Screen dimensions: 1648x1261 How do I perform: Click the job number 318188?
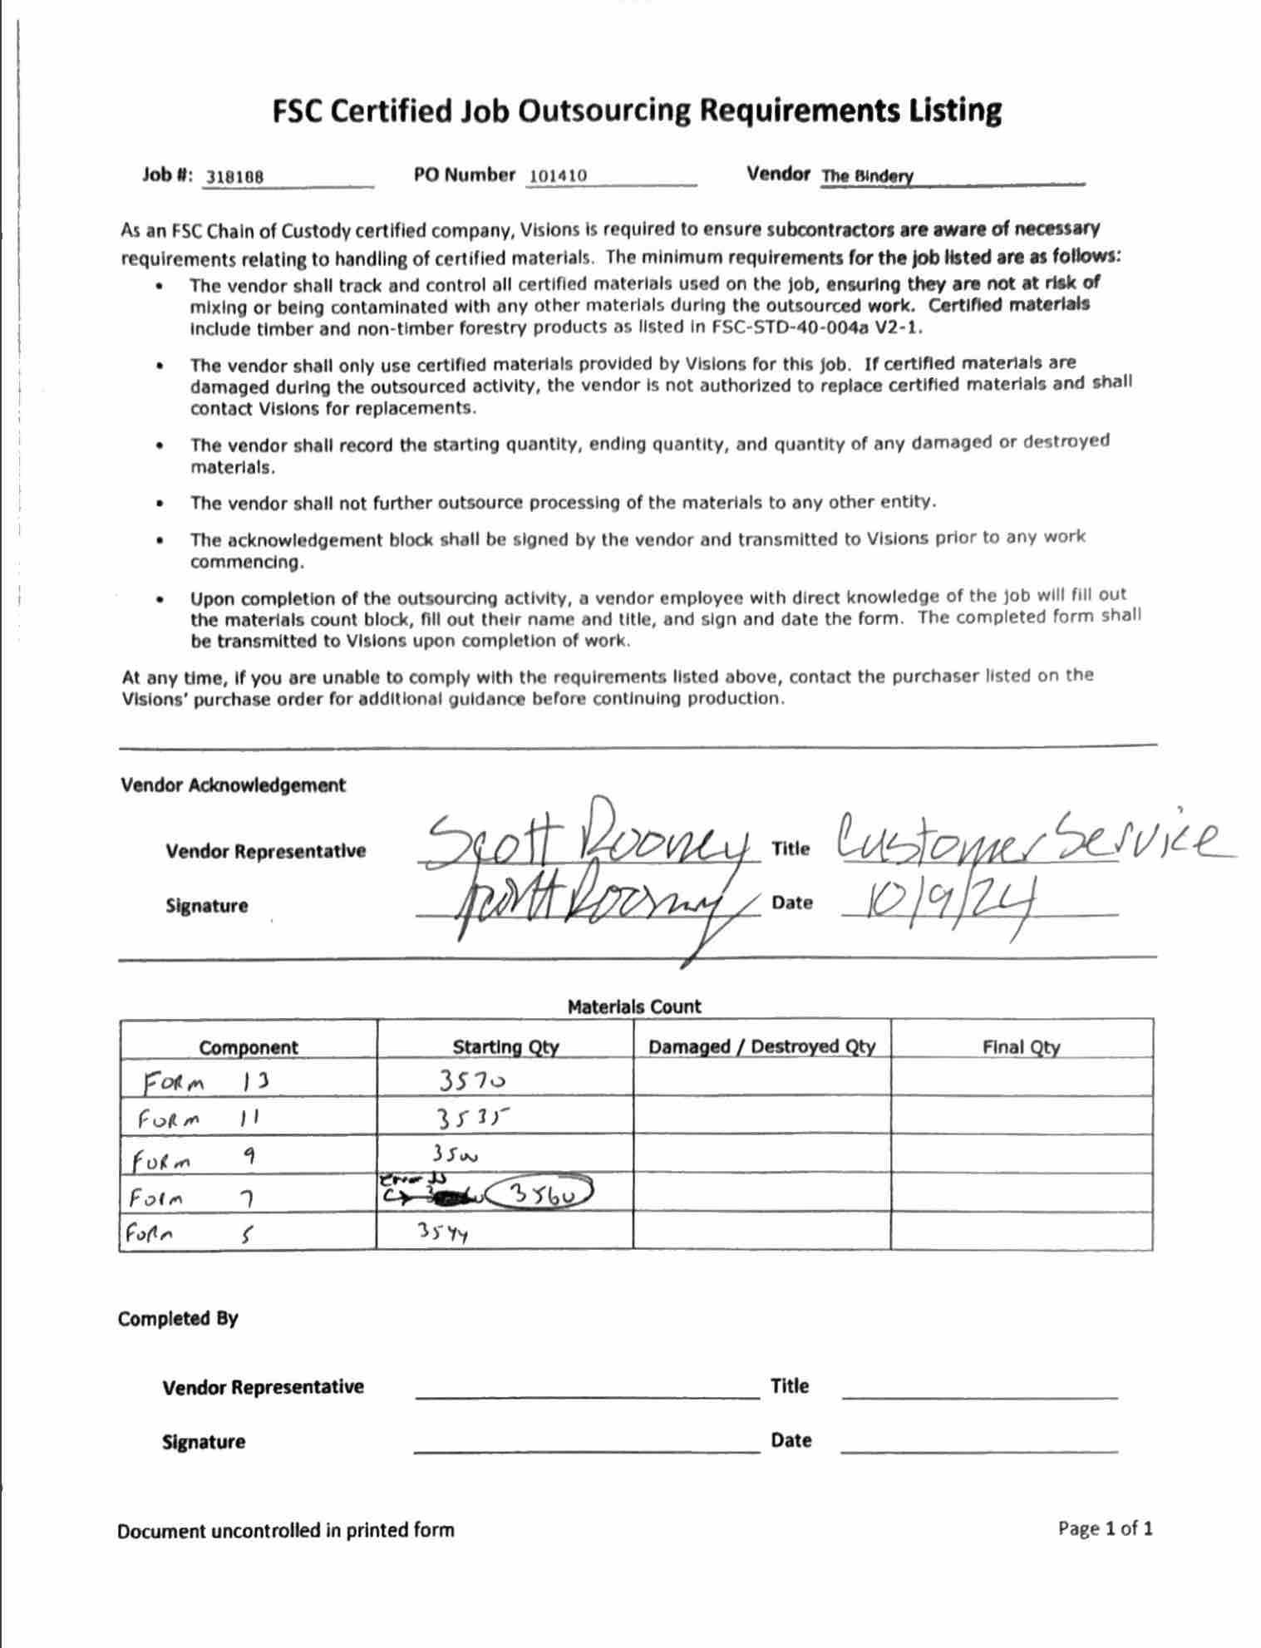[x=235, y=177]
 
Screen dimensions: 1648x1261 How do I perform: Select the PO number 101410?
[x=558, y=176]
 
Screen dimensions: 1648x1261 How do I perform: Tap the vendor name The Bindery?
[x=867, y=176]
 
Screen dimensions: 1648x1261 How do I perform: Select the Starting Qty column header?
[x=505, y=1046]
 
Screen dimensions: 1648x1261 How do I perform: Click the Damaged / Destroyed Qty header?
[x=761, y=1046]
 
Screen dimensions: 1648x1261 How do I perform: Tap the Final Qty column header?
[x=1021, y=1046]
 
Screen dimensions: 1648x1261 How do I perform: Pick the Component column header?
[x=248, y=1047]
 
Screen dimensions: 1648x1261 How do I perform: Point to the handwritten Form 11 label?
[x=199, y=1119]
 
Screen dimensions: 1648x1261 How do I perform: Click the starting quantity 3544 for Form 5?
[x=443, y=1232]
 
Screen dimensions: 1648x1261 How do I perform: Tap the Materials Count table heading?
[x=634, y=1007]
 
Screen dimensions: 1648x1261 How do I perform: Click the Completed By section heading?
[x=178, y=1319]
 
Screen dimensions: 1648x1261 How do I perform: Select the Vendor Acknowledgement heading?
[x=233, y=785]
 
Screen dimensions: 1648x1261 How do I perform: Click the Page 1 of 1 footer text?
[x=1105, y=1528]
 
